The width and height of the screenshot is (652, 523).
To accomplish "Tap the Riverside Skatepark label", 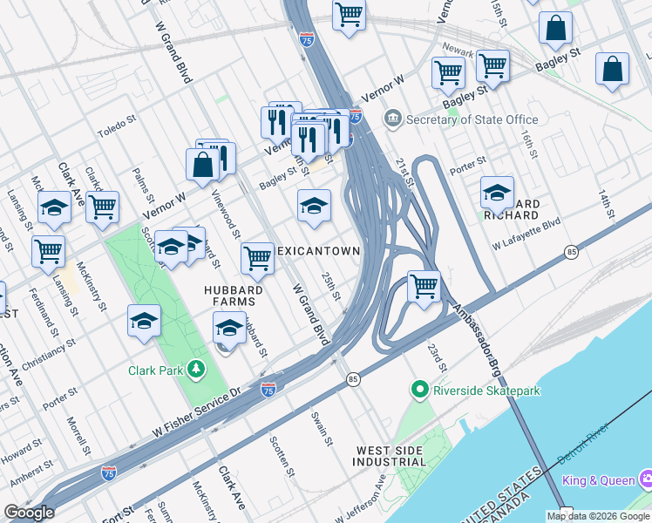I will (487, 391).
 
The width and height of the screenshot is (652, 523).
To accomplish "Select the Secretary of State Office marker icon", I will (392, 119).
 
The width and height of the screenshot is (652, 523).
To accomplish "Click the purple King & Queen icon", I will (646, 479).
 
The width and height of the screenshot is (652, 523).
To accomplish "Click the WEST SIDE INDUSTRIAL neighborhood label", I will (391, 456).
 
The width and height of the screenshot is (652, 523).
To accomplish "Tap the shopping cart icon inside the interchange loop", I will (424, 286).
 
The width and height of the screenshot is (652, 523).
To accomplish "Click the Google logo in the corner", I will (30, 513).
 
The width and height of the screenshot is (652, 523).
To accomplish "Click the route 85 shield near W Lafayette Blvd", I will (571, 252).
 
